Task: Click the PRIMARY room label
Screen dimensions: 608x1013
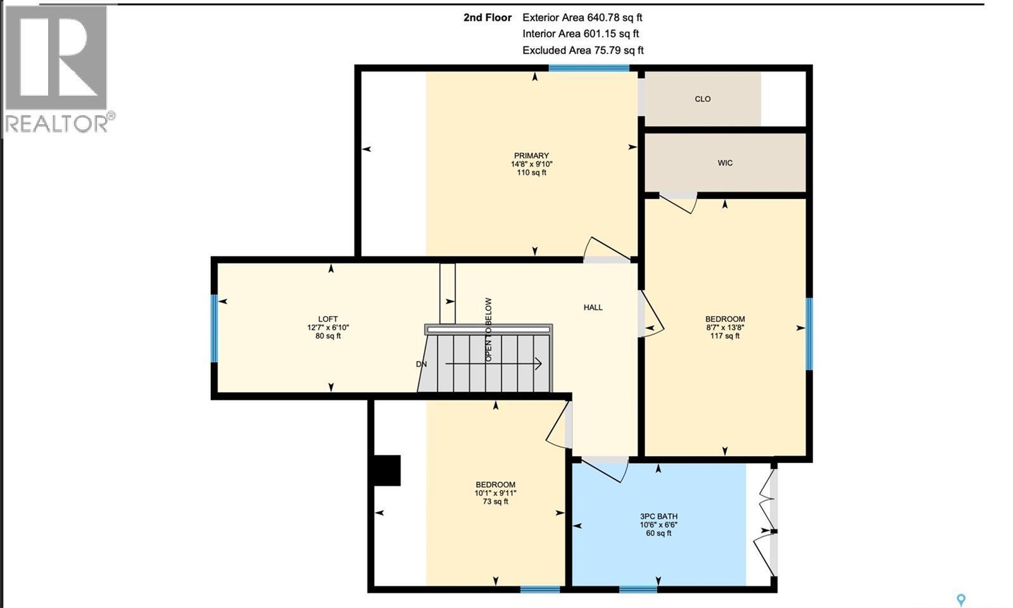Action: pyautogui.click(x=531, y=156)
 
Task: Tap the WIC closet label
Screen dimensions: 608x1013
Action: pyautogui.click(x=725, y=163)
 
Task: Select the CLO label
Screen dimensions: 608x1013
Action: pyautogui.click(x=702, y=99)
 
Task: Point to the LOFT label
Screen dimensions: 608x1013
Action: pyautogui.click(x=327, y=319)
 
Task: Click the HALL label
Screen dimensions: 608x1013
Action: pyautogui.click(x=593, y=307)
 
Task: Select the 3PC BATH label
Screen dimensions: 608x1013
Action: pyautogui.click(x=658, y=516)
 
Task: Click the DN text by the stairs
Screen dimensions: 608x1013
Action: pyautogui.click(x=422, y=364)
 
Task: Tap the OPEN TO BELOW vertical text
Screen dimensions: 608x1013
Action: pyautogui.click(x=489, y=330)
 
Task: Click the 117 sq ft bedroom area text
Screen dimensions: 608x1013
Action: pyautogui.click(x=725, y=336)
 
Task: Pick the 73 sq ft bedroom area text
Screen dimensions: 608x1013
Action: pyautogui.click(x=495, y=502)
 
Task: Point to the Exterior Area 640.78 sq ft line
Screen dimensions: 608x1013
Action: pyautogui.click(x=582, y=18)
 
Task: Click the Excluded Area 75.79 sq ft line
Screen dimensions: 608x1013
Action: pyautogui.click(x=582, y=50)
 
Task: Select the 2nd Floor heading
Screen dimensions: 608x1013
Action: pyautogui.click(x=487, y=18)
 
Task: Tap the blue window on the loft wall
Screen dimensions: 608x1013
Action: pyautogui.click(x=214, y=328)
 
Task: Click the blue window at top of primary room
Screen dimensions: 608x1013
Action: pyautogui.click(x=588, y=68)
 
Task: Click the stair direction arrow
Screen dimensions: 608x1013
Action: pyautogui.click(x=494, y=364)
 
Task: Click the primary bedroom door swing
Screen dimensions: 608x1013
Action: pyautogui.click(x=605, y=250)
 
